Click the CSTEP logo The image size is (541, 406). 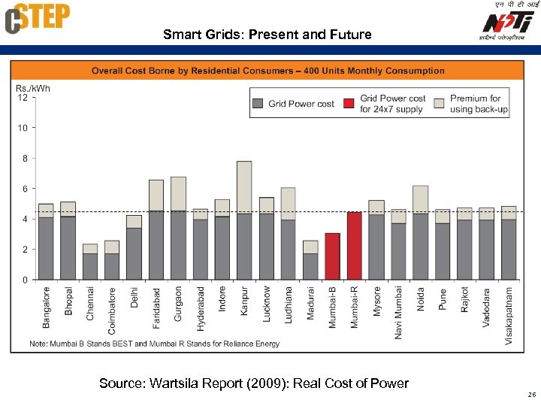coord(38,18)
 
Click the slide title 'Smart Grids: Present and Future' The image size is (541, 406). coord(267,35)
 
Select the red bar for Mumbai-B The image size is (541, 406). coord(333,256)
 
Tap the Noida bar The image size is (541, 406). coord(421,232)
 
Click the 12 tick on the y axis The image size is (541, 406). coord(23,98)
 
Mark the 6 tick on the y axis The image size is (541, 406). coord(24,189)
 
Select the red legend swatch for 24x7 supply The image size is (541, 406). coord(349,104)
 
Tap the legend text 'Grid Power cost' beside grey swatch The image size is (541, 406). coord(301,104)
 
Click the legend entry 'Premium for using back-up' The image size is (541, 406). coord(479,104)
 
